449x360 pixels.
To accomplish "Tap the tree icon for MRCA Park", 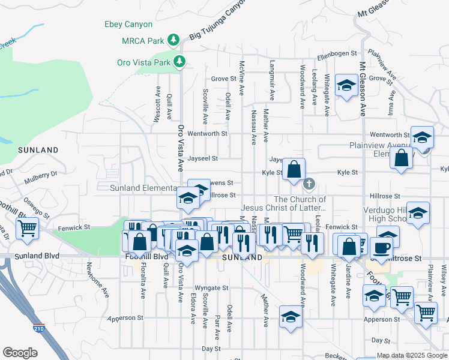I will tap(173, 40).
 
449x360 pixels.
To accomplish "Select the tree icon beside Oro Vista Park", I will tap(179, 61).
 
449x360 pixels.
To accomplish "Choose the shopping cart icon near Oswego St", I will tap(27, 228).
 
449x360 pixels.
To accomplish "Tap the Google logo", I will tap(20, 353).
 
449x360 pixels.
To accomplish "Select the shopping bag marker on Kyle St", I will tap(294, 169).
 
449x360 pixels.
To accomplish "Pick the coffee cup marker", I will tap(382, 247).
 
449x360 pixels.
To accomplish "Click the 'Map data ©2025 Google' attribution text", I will tap(412, 355).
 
